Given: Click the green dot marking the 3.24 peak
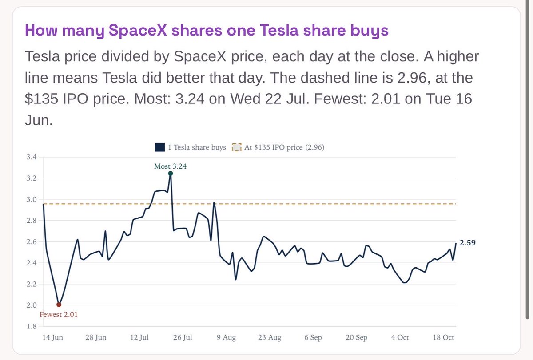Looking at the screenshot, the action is click(171, 174).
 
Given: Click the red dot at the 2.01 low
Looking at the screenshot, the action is click(59, 305).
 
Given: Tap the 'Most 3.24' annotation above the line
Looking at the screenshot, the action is click(171, 166).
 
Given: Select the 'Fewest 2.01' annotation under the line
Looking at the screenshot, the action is click(59, 314).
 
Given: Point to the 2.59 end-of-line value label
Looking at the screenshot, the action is click(467, 242).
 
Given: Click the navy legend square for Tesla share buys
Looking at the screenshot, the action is click(160, 147).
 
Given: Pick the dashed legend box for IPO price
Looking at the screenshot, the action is click(236, 147).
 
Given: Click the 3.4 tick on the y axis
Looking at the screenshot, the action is click(32, 157).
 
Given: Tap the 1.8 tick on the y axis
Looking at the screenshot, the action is click(32, 326).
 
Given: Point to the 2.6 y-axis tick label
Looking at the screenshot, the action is click(32, 241).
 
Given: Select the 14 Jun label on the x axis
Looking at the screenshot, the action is click(52, 337).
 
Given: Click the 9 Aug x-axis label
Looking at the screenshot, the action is click(226, 337).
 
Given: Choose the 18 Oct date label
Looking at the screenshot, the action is click(443, 337).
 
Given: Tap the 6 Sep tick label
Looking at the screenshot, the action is click(313, 337).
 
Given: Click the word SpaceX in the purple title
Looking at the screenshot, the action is click(138, 30).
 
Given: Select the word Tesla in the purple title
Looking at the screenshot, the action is click(279, 30).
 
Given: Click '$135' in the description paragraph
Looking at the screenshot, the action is click(41, 99).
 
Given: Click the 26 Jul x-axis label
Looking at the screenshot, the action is click(183, 337).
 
